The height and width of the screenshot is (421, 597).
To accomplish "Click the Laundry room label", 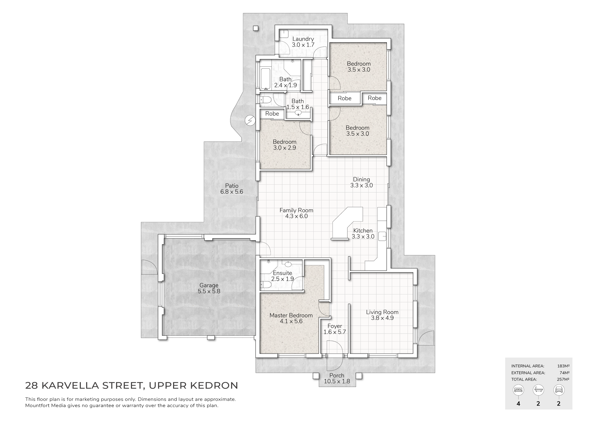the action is [303, 39].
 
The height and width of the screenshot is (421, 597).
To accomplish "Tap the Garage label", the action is [209, 285].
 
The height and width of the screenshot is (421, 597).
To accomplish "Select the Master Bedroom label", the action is [291, 315].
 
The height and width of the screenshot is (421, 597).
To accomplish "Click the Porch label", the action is [337, 375].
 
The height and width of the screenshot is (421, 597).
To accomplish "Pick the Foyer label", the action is [335, 326].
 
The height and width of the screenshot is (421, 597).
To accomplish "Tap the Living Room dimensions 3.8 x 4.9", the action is [382, 318].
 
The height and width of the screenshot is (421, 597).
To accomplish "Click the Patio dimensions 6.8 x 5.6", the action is [232, 192].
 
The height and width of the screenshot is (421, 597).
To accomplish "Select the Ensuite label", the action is [282, 273].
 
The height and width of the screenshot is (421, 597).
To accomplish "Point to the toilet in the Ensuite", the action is [266, 285].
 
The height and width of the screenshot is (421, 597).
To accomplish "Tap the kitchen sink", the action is [382, 236].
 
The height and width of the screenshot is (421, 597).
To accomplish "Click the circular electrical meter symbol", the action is [250, 120].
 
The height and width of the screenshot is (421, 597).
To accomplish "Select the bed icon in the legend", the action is [518, 390].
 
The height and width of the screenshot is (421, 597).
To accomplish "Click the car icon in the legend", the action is [559, 390].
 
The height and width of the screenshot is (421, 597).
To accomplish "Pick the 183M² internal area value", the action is [563, 366].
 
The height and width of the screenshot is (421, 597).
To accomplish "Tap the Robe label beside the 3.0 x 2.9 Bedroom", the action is [272, 114].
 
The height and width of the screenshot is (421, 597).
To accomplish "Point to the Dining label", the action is [361, 180].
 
